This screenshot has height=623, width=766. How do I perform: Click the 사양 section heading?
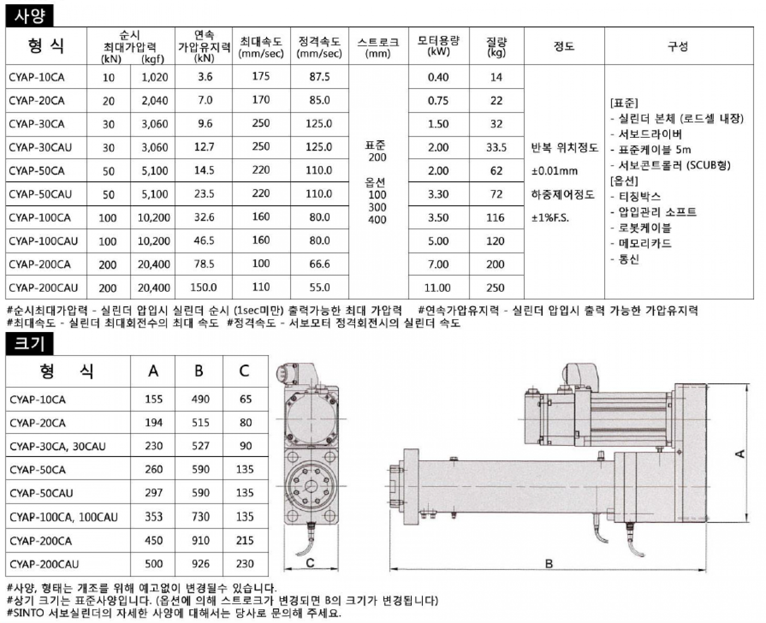coord(30,16)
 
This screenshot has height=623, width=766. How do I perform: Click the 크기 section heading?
coord(30,344)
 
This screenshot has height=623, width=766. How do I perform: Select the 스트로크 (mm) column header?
coord(378,47)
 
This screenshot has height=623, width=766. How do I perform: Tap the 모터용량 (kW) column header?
coord(439,46)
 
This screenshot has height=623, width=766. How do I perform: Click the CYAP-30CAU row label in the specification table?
coord(40,147)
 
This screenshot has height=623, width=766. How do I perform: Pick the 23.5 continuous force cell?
coord(204,194)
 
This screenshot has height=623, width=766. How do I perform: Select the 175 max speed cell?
coord(261,76)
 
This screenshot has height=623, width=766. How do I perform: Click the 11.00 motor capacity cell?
coord(437,288)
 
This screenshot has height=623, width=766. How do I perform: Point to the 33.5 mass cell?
coord(496,147)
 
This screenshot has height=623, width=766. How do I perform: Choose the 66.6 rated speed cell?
coord(319,264)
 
